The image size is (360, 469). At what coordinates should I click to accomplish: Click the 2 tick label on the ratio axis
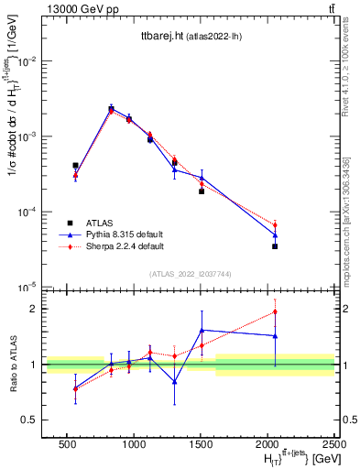(x=32, y=309)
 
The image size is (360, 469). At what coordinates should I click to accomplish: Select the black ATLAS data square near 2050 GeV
(x=275, y=246)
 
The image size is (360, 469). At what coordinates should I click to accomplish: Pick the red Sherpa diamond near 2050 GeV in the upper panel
(x=275, y=224)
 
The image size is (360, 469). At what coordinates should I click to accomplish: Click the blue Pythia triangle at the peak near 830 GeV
(x=111, y=108)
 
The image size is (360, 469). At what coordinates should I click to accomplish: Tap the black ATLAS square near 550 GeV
(x=75, y=166)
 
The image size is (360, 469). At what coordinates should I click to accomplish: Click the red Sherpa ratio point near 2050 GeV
(x=275, y=312)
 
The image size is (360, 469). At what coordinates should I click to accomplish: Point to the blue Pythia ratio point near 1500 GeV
(x=201, y=330)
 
